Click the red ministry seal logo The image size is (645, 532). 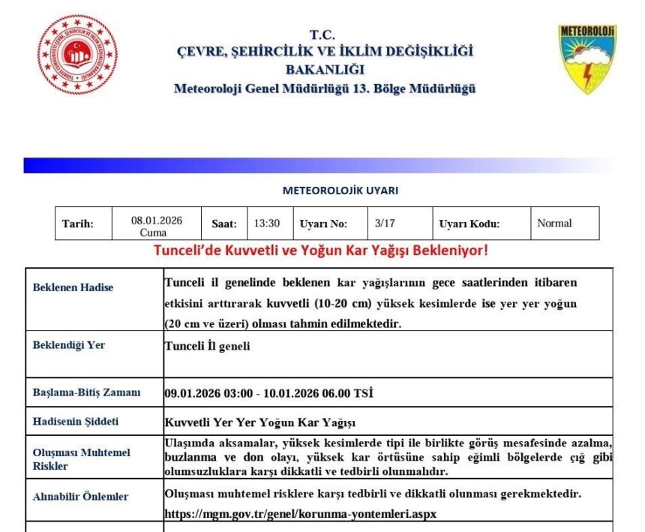coord(78,55)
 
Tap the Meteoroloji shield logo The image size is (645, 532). coord(586,59)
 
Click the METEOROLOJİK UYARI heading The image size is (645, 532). coord(340,191)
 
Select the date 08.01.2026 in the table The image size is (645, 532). coord(157,220)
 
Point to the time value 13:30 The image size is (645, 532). coord(266,223)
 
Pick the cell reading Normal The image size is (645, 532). coord(554,223)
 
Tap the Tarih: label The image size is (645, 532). coord(78,224)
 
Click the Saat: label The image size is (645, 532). coord(224,224)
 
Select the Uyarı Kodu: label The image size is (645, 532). coord(469,224)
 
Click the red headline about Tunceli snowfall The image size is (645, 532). coord(321,250)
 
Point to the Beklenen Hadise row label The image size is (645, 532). coord(73,287)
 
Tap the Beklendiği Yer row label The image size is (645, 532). coord(69,345)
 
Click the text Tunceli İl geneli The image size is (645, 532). coord(207,347)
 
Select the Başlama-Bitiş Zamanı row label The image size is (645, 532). coord(86,392)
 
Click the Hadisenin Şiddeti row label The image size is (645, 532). coord(76,421)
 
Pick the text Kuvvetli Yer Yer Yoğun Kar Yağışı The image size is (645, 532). coord(259,422)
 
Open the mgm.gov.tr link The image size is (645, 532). coord(300,514)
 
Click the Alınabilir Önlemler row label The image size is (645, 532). coord(80,496)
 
